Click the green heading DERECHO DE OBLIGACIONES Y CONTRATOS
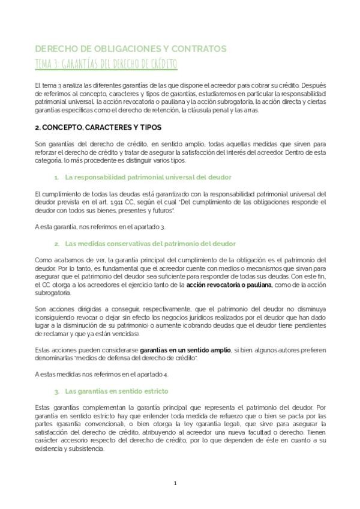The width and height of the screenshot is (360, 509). pyautogui.click(x=130, y=49)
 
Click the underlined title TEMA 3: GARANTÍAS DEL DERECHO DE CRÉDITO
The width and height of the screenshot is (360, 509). pyautogui.click(x=107, y=64)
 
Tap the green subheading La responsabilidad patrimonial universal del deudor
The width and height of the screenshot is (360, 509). pyautogui.click(x=148, y=178)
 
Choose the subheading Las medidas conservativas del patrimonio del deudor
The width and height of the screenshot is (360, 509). pyautogui.click(x=151, y=243)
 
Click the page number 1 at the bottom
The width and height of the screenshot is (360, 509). pyautogui.click(x=175, y=482)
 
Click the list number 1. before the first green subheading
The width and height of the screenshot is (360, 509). pyautogui.click(x=56, y=178)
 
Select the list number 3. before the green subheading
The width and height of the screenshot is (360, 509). pyautogui.click(x=56, y=391)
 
